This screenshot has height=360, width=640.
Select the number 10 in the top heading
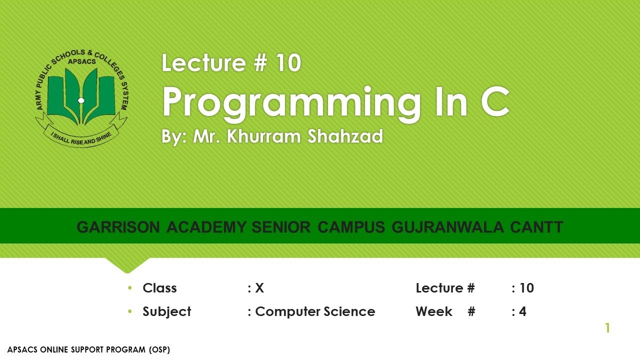287,63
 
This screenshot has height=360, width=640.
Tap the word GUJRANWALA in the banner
448,227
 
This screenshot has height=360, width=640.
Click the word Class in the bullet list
159,288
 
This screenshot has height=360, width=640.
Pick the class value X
259,288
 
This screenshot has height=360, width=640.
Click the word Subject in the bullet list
166,311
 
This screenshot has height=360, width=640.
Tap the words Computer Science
315,311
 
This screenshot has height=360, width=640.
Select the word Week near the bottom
433,311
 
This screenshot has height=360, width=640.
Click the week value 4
522,311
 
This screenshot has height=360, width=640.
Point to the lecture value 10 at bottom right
526,288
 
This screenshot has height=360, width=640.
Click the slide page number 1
607,328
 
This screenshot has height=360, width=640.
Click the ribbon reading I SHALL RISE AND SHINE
81,134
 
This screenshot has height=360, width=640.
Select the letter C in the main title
494,102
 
